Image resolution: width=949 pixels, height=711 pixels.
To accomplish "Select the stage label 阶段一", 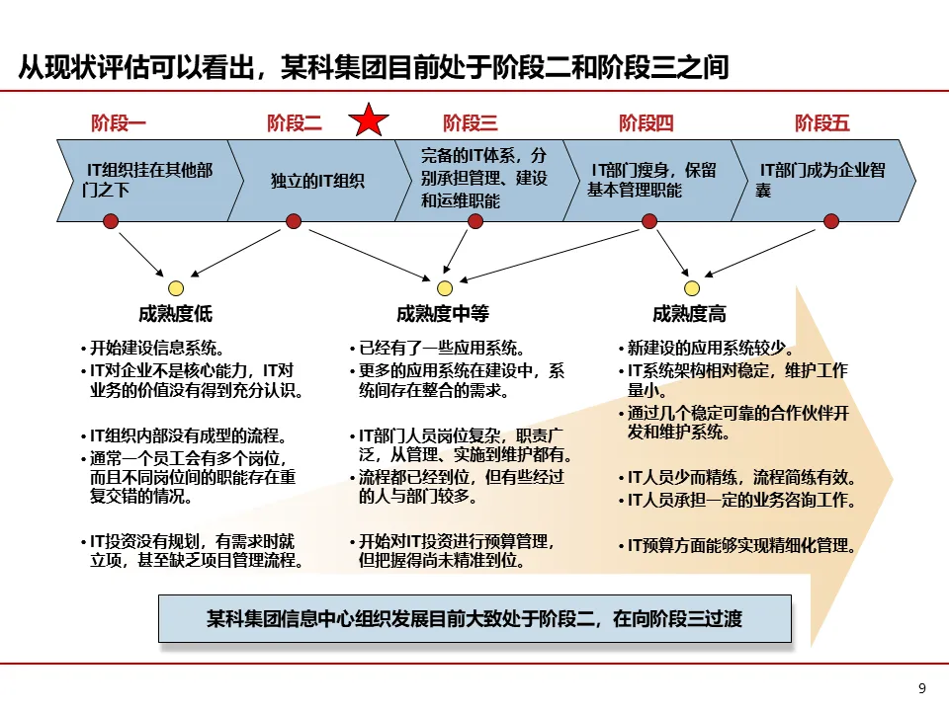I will pyautogui.click(x=119, y=123).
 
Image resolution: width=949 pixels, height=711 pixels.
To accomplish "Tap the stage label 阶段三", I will pyautogui.click(x=471, y=123).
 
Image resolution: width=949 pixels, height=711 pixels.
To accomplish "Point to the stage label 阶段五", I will pyautogui.click(x=822, y=123).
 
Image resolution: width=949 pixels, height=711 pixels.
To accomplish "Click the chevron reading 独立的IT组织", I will pyautogui.click(x=317, y=181).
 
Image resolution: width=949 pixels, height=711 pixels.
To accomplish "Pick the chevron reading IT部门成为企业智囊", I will pyautogui.click(x=822, y=180).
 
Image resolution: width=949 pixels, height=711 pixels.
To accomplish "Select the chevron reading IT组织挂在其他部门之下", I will pyautogui.click(x=146, y=180).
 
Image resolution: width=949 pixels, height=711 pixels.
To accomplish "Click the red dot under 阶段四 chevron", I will pyautogui.click(x=649, y=221).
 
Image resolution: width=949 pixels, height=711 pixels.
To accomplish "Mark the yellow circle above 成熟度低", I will pyautogui.click(x=176, y=288).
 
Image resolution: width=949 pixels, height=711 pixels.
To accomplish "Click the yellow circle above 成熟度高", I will pyautogui.click(x=692, y=288).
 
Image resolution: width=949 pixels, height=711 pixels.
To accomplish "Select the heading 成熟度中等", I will pyautogui.click(x=443, y=315).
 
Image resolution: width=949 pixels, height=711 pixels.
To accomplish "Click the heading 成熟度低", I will pyautogui.click(x=176, y=315).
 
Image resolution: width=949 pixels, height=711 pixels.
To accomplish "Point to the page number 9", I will pyautogui.click(x=922, y=688).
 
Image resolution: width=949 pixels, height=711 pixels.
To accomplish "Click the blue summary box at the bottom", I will pyautogui.click(x=474, y=619).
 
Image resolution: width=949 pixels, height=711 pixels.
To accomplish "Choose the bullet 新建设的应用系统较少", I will pyautogui.click(x=710, y=349).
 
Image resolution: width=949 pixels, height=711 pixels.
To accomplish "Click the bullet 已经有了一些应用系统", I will pyautogui.click(x=440, y=349).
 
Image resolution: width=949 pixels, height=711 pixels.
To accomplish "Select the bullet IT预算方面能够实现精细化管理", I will pyautogui.click(x=741, y=545).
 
